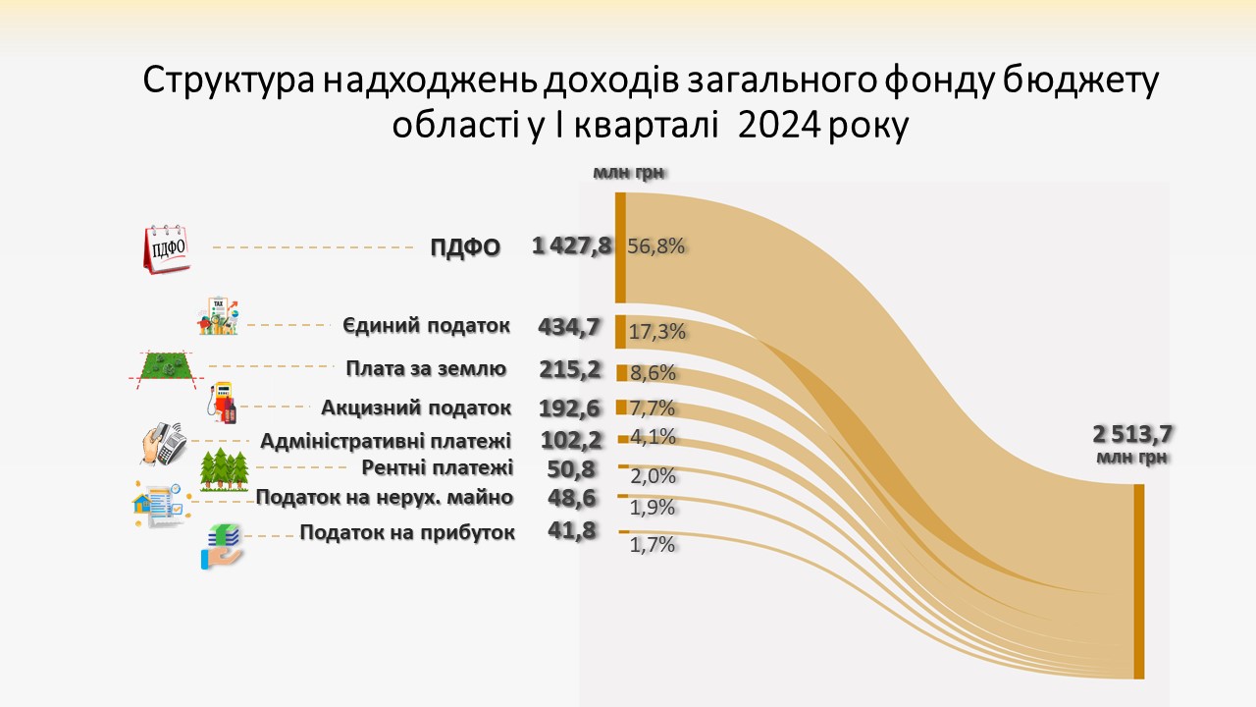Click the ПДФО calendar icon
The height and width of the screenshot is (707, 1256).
166,247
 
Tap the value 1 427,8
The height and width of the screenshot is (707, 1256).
571,245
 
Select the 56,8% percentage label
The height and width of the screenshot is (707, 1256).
655,246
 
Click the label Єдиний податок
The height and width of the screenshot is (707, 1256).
427,326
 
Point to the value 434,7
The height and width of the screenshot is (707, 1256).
569,328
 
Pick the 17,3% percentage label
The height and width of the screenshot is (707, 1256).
656,332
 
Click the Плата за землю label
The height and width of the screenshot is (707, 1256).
426,369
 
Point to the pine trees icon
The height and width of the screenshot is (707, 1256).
226,469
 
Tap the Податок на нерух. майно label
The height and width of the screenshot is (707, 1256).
385,498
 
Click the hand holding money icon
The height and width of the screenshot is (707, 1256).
222,547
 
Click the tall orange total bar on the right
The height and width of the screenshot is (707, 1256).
1138,580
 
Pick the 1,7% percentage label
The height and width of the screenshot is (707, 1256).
653,545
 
